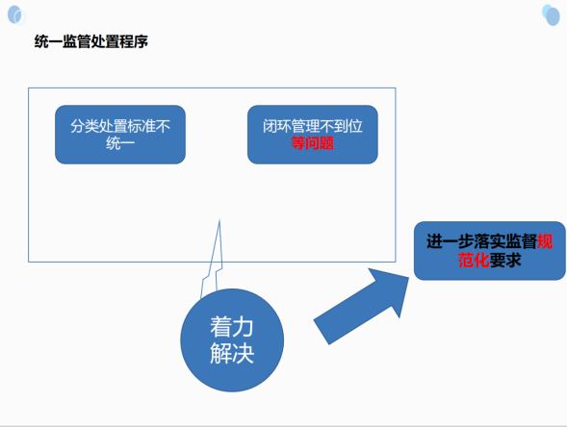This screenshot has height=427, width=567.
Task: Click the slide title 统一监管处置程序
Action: tap(91, 41)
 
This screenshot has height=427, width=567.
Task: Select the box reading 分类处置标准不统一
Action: tap(120, 135)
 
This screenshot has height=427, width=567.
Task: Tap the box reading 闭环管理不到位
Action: tap(313, 135)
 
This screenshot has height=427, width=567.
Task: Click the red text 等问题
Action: tap(313, 143)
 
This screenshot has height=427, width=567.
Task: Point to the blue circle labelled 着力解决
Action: tap(232, 340)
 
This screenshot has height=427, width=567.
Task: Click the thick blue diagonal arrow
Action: tap(361, 307)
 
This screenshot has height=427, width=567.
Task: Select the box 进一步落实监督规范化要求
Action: tap(490, 251)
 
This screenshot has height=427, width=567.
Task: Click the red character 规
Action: tap(545, 241)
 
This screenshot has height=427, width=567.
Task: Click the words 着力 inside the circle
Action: tap(232, 327)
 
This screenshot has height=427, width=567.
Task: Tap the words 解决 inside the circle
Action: tap(232, 353)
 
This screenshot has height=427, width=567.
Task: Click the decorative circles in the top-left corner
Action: tap(16, 15)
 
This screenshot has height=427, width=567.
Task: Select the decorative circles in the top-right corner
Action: tap(551, 14)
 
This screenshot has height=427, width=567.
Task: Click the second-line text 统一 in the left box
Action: tap(120, 143)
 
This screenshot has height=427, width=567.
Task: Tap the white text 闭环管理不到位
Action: tap(313, 126)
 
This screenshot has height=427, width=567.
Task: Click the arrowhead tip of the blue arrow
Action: tap(409, 277)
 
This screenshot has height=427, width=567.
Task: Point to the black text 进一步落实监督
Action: tap(481, 241)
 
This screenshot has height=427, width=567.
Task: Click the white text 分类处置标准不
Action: tap(120, 126)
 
